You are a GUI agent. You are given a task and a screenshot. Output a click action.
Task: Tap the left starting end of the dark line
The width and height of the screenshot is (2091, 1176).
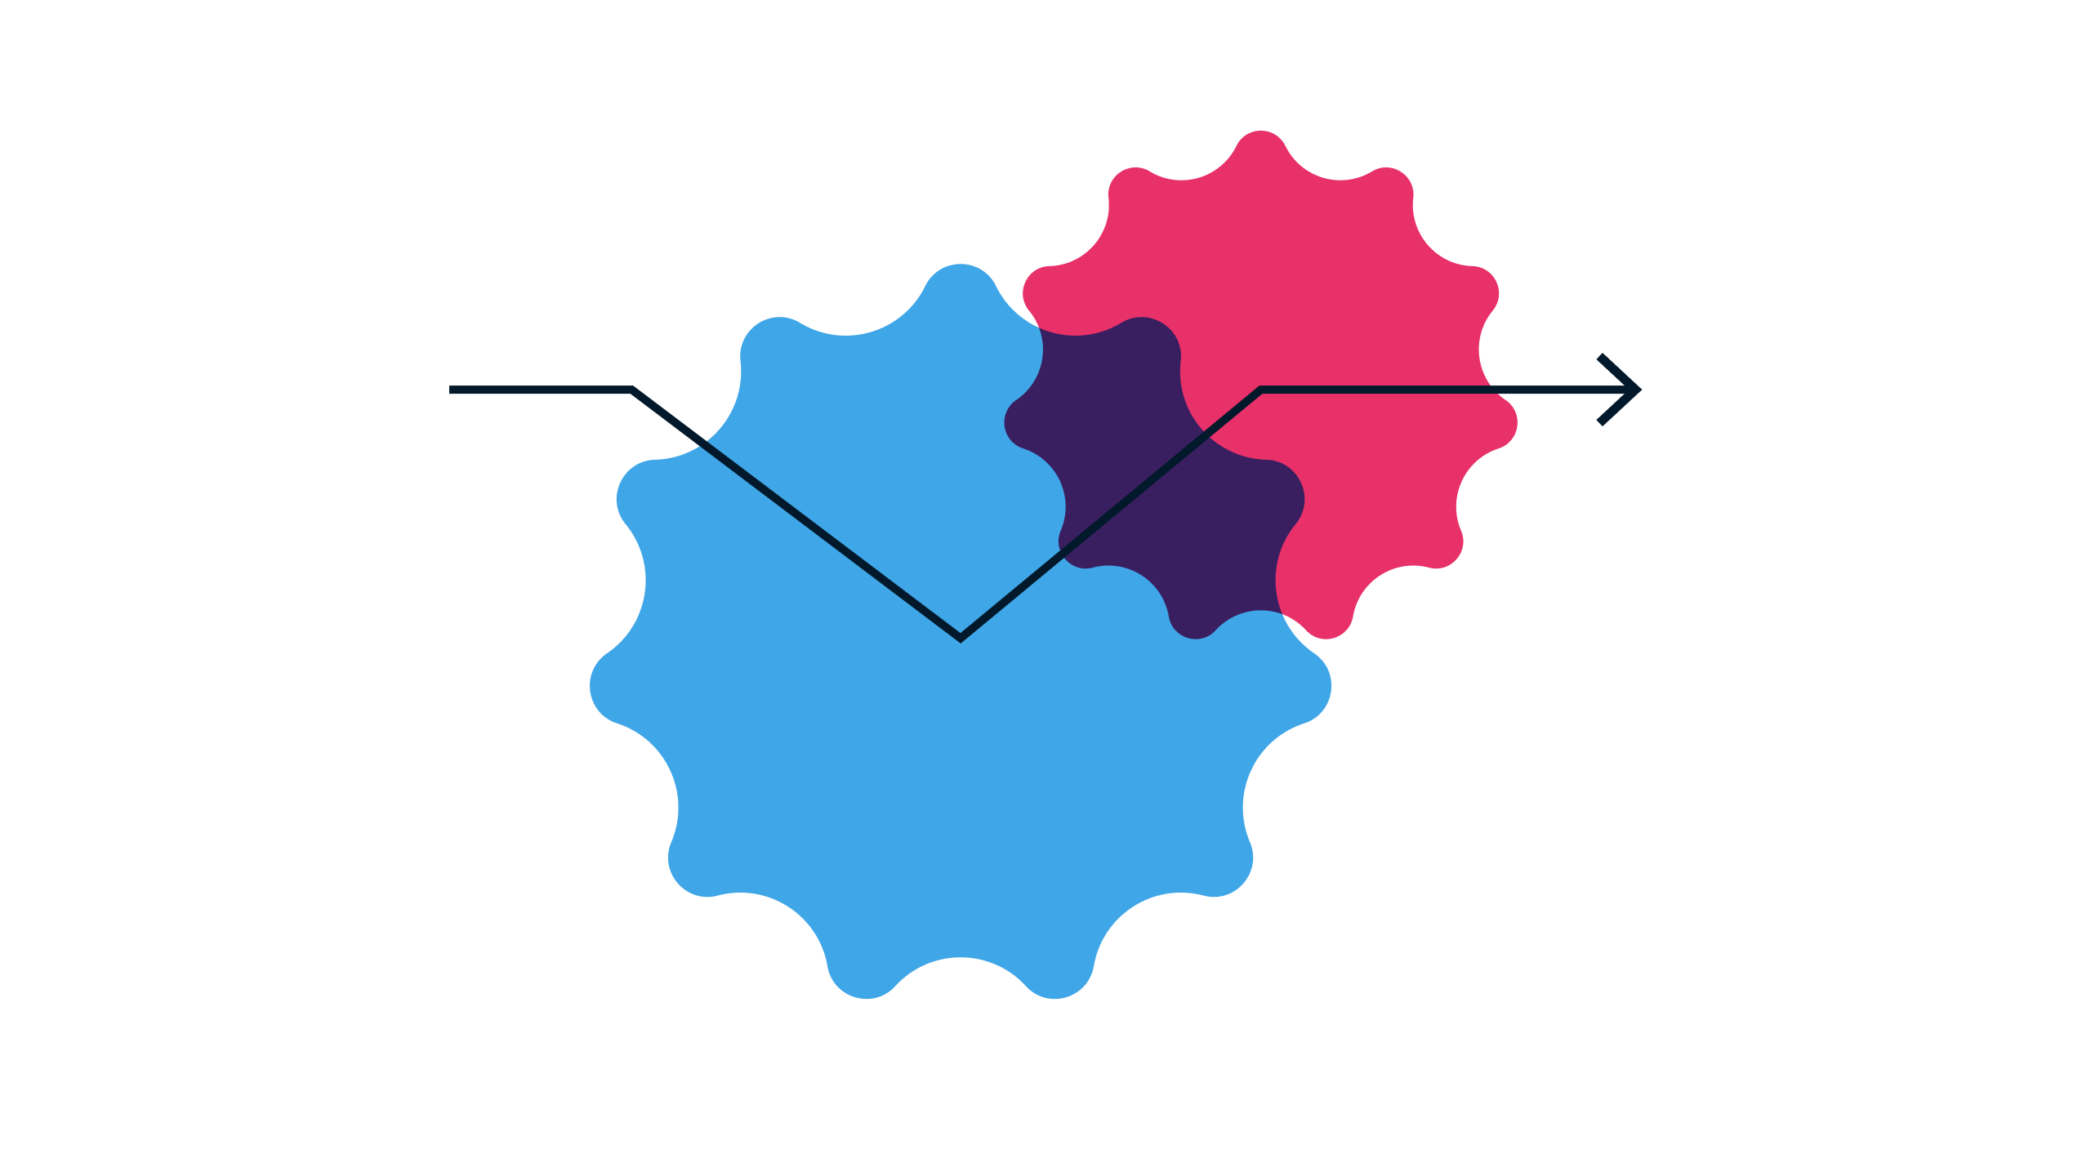(x=452, y=390)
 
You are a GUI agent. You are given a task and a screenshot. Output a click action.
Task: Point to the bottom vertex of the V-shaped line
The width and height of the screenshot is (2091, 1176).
(x=961, y=637)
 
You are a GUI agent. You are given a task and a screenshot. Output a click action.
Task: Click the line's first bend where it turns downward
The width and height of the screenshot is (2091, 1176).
(x=633, y=390)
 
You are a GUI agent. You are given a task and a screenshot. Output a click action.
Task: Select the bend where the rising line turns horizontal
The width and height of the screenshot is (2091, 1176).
(x=1261, y=390)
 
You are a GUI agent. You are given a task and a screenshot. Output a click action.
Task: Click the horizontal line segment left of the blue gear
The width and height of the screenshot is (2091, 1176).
(x=539, y=390)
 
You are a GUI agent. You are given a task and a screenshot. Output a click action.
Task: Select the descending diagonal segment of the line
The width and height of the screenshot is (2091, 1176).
(x=796, y=513)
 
